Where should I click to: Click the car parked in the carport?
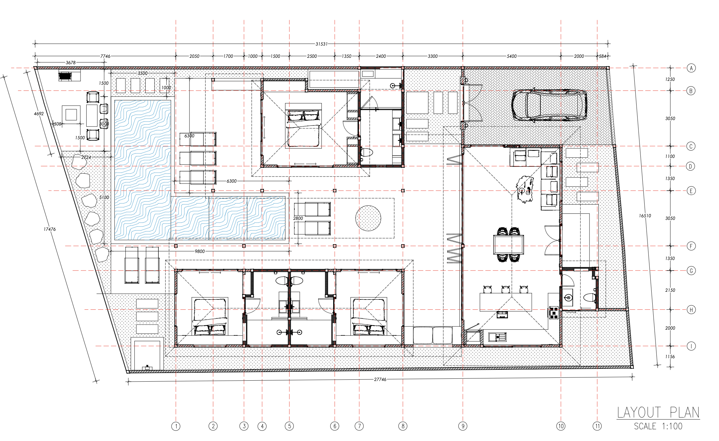click(x=549, y=105)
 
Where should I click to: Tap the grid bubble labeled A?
click(x=691, y=68)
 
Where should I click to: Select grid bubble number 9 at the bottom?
click(x=463, y=426)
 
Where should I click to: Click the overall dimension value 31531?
click(x=322, y=44)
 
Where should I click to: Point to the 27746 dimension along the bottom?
click(x=380, y=379)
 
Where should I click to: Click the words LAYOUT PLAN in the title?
click(x=658, y=412)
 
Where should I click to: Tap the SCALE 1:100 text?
click(x=658, y=426)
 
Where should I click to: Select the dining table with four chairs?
click(x=509, y=245)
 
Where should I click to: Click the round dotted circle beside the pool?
click(x=368, y=218)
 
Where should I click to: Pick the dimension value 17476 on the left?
click(x=50, y=229)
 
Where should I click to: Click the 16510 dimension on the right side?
click(x=645, y=216)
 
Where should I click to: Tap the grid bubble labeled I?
click(x=691, y=346)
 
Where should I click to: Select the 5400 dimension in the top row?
click(x=512, y=56)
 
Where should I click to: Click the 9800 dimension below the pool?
click(x=199, y=251)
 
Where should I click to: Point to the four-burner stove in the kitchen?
click(x=554, y=313)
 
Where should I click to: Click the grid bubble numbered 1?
click(x=176, y=426)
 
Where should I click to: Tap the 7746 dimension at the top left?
click(x=105, y=56)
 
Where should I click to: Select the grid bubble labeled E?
click(x=691, y=191)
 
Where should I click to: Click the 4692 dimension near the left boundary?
click(x=39, y=114)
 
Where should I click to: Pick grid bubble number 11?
click(x=597, y=426)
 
